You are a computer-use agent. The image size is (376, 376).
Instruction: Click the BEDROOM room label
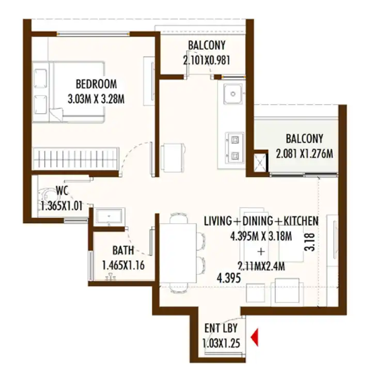tap(96, 84)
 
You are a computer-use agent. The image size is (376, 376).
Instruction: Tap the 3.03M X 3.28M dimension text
tap(96, 99)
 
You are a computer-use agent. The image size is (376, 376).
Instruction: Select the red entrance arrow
tap(255, 337)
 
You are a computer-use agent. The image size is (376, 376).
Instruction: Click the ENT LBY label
tap(221, 328)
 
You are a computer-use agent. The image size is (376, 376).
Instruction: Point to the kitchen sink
tap(233, 94)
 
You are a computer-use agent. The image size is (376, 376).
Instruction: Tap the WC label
tap(62, 191)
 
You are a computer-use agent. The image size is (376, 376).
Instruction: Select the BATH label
tap(123, 250)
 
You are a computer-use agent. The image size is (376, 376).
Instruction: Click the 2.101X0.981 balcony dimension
tap(207, 60)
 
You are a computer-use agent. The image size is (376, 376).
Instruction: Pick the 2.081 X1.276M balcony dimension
tap(305, 153)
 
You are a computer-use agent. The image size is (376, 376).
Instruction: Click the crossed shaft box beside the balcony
tap(260, 162)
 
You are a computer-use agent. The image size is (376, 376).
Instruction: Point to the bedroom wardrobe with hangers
tap(76, 158)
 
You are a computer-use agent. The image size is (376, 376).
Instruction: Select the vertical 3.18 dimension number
tap(309, 242)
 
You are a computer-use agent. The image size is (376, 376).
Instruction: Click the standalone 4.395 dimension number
tap(229, 278)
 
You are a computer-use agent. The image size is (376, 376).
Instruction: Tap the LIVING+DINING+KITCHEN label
tap(261, 221)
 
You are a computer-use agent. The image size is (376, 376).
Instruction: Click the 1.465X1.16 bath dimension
tap(123, 265)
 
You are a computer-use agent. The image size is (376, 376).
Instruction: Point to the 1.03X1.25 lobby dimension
tap(221, 343)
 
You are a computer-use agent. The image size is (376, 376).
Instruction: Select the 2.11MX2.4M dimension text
tap(261, 266)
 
